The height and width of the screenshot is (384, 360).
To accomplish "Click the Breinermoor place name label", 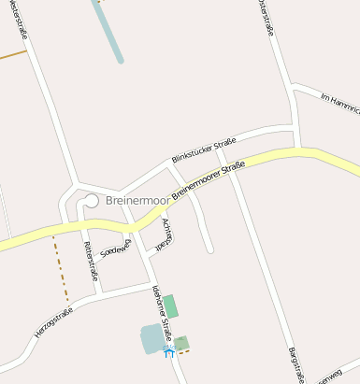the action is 137,201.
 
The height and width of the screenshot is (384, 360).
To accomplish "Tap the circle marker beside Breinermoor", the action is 92,199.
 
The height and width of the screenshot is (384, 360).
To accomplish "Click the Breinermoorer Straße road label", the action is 209,178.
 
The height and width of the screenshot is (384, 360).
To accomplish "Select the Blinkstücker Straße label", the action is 203,149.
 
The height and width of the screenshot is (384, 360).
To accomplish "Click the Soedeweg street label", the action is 116,249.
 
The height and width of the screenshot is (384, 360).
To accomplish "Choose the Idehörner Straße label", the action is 160,313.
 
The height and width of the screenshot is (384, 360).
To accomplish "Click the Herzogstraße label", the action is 53,322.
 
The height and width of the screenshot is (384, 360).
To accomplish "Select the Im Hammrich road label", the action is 339,104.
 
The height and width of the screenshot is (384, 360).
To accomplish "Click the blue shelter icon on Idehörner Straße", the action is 168,351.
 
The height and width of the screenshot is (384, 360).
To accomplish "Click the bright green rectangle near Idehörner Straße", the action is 170,306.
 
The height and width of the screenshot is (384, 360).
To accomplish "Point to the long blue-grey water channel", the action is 108,30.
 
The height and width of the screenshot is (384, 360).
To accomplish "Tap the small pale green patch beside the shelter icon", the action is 182,343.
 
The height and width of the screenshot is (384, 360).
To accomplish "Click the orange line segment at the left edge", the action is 12,55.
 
